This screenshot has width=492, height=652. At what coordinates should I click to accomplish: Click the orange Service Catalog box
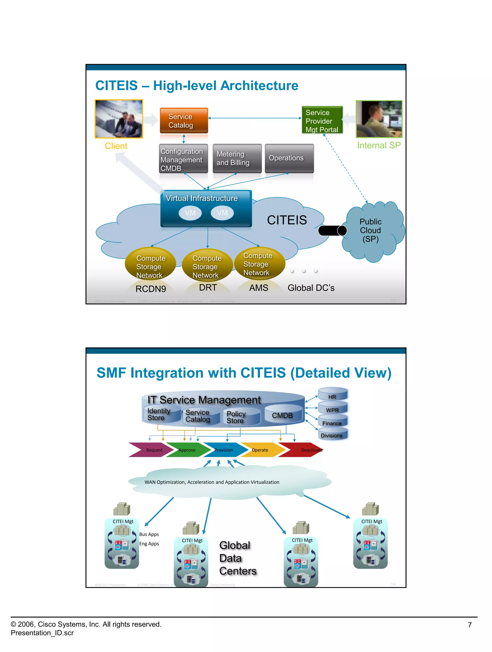(x=184, y=121)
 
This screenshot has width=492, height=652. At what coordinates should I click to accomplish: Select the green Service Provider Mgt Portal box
(x=322, y=120)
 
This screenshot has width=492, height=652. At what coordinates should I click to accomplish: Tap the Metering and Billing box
(x=237, y=158)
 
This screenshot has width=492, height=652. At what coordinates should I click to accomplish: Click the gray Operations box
(x=289, y=158)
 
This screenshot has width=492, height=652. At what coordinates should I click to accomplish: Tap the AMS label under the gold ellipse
(x=258, y=288)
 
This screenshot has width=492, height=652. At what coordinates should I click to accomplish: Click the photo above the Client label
(x=119, y=119)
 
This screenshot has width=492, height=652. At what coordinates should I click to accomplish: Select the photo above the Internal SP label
(x=379, y=119)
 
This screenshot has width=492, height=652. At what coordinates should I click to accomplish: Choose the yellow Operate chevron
(x=261, y=450)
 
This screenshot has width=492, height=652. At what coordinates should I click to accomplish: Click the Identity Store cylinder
(x=161, y=414)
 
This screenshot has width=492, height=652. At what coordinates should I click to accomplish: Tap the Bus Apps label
(x=149, y=534)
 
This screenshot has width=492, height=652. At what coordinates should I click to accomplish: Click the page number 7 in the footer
(x=470, y=625)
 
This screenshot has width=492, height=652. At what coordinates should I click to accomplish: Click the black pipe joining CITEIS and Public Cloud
(x=332, y=230)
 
